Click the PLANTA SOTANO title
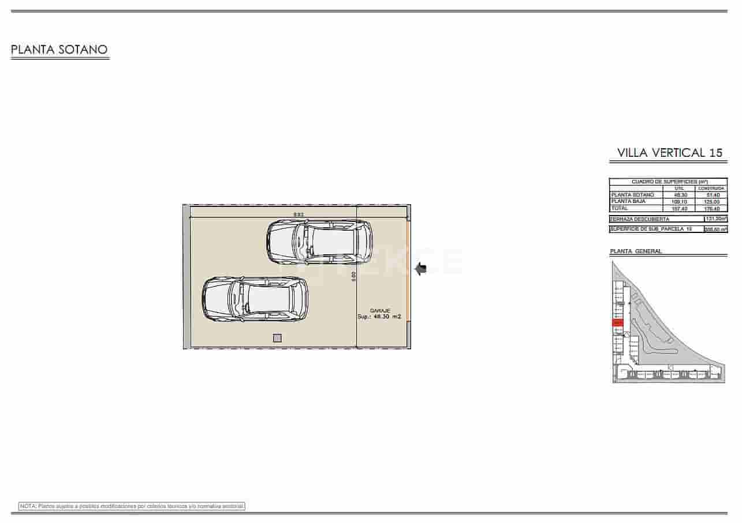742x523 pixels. pyautogui.click(x=59, y=50)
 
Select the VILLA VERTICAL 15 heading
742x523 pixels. pyautogui.click(x=669, y=153)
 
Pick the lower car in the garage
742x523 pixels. pyautogui.click(x=255, y=299)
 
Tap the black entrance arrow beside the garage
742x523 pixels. pyautogui.click(x=420, y=268)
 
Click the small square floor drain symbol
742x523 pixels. pyautogui.click(x=277, y=338)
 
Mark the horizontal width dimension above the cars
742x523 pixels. pyautogui.click(x=299, y=215)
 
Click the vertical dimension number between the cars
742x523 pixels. pyautogui.click(x=353, y=276)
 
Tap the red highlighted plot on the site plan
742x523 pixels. pyautogui.click(x=618, y=323)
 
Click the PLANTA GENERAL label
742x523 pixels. pyautogui.click(x=636, y=251)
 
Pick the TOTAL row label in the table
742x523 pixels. pyautogui.click(x=620, y=208)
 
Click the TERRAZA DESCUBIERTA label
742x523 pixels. pyautogui.click(x=640, y=219)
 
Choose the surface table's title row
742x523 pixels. pyautogui.click(x=669, y=182)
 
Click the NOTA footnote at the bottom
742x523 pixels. pyautogui.click(x=132, y=506)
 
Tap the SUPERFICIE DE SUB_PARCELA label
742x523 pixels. pyautogui.click(x=651, y=229)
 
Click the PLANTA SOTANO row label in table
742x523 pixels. pyautogui.click(x=633, y=195)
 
